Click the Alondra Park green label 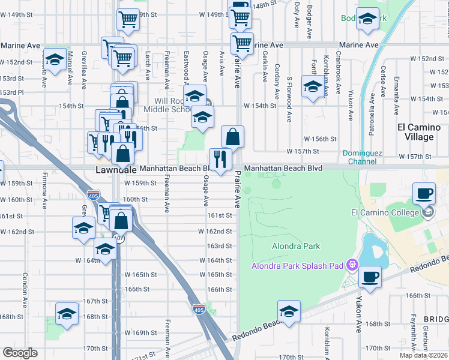click(x=296, y=246)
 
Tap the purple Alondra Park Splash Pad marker click(x=352, y=263)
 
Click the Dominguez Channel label click(x=363, y=157)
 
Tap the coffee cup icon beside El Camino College click(x=424, y=193)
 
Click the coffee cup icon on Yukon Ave click(x=370, y=277)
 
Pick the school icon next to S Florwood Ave click(x=312, y=87)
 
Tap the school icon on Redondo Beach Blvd click(x=289, y=312)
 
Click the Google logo click(x=20, y=353)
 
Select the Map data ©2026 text click(x=424, y=355)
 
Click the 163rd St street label click(x=220, y=246)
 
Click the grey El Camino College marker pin click(x=428, y=212)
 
